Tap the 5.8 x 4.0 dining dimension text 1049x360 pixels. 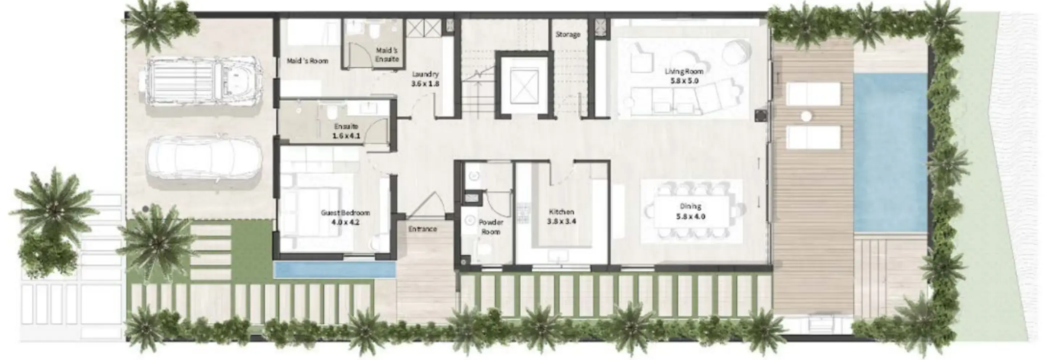point(691,216)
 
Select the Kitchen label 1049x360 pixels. point(561,212)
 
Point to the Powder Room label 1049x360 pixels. point(491,227)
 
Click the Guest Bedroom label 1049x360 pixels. point(345,212)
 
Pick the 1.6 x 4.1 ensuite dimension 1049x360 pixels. point(346,136)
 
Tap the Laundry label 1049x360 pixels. point(425,74)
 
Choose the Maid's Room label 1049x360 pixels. point(308,61)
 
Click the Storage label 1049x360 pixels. point(568,34)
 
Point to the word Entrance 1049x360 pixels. point(423,229)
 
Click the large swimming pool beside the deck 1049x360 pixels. point(890,153)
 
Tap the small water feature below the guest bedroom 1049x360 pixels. point(334,270)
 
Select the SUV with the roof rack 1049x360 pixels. point(202,83)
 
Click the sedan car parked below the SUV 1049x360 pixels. point(203,162)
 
